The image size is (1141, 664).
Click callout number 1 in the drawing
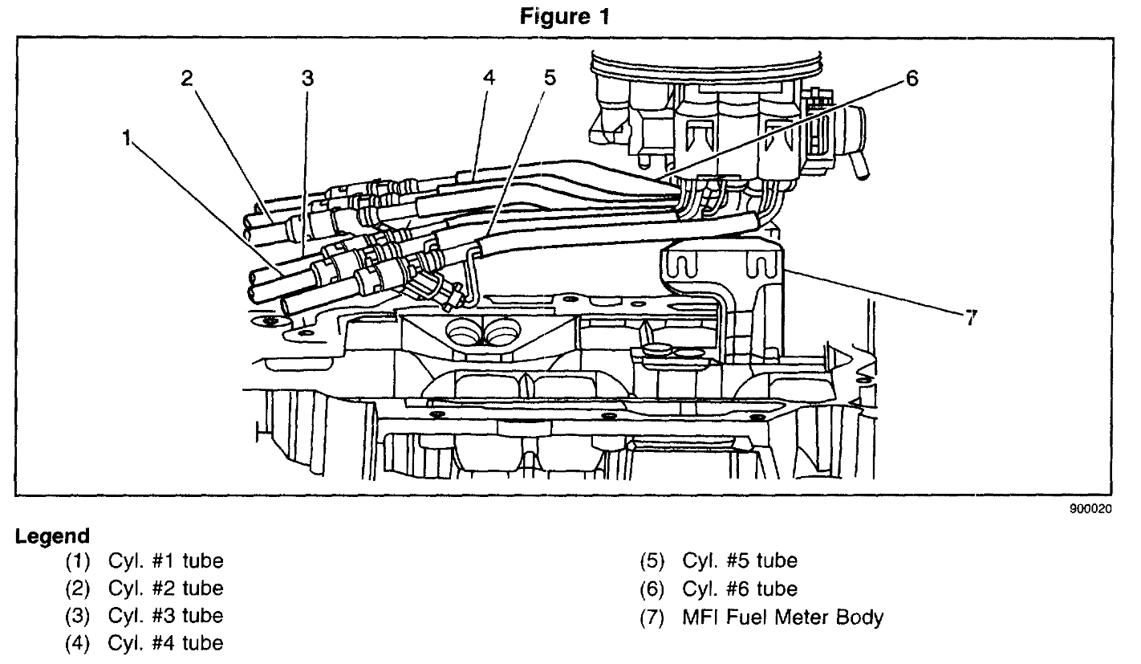[126, 138]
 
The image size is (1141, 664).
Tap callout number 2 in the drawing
[186, 78]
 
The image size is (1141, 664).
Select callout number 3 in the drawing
[307, 78]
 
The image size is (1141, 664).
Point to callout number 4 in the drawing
[489, 78]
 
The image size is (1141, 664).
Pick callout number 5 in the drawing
[549, 78]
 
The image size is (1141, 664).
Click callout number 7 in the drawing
[971, 318]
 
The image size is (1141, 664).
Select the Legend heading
[51, 536]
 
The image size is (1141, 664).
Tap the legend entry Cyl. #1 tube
[165, 560]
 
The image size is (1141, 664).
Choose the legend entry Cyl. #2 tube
[165, 588]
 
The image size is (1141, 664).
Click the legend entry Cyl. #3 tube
[165, 616]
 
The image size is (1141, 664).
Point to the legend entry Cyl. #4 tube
[165, 643]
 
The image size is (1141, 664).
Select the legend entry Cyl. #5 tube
[740, 560]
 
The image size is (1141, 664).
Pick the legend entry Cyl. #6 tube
[740, 589]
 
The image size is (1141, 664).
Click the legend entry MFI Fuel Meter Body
[782, 617]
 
